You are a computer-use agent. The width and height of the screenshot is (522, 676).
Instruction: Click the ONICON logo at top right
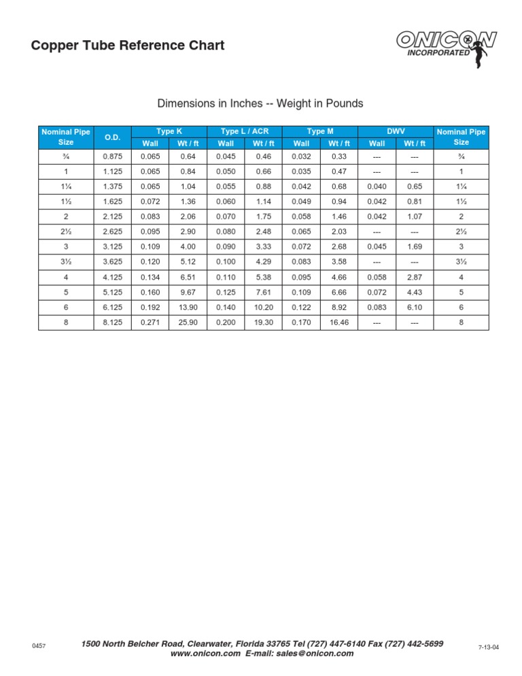446,46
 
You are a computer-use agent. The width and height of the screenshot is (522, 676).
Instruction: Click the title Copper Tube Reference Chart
128,46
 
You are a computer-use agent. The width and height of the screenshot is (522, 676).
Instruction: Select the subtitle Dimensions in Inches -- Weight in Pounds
260,104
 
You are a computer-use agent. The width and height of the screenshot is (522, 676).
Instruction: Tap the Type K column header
169,131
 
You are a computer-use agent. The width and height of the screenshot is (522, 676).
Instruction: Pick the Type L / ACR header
245,131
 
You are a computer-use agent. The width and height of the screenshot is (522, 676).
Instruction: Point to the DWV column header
396,131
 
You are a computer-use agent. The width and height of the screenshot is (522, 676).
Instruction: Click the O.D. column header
113,137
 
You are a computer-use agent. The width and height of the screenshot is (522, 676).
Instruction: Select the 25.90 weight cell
188,322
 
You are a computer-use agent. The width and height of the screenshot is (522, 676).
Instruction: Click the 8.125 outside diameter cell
113,322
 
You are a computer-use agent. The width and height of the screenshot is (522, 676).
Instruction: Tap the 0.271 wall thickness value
150,322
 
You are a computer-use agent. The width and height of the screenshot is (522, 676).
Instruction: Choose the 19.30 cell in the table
263,322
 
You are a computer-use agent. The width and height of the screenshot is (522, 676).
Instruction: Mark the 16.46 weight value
339,322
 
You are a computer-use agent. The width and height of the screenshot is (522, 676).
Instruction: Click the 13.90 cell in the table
188,307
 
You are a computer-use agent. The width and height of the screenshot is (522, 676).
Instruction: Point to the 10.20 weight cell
263,307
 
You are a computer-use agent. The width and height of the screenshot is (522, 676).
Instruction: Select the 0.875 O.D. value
113,156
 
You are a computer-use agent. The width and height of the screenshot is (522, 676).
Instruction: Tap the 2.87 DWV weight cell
415,277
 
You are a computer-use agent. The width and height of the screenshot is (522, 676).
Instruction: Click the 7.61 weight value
263,292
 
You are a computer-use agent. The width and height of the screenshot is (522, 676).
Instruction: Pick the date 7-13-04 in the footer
489,647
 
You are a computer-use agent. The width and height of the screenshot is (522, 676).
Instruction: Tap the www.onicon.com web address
205,654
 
